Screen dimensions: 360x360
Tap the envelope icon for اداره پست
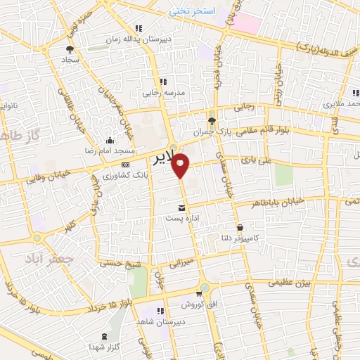(182, 207)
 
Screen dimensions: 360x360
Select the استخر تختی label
(191, 12)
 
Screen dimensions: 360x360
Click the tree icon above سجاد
(69, 49)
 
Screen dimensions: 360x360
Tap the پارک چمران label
(212, 131)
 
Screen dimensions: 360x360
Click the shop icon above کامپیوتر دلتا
(241, 228)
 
